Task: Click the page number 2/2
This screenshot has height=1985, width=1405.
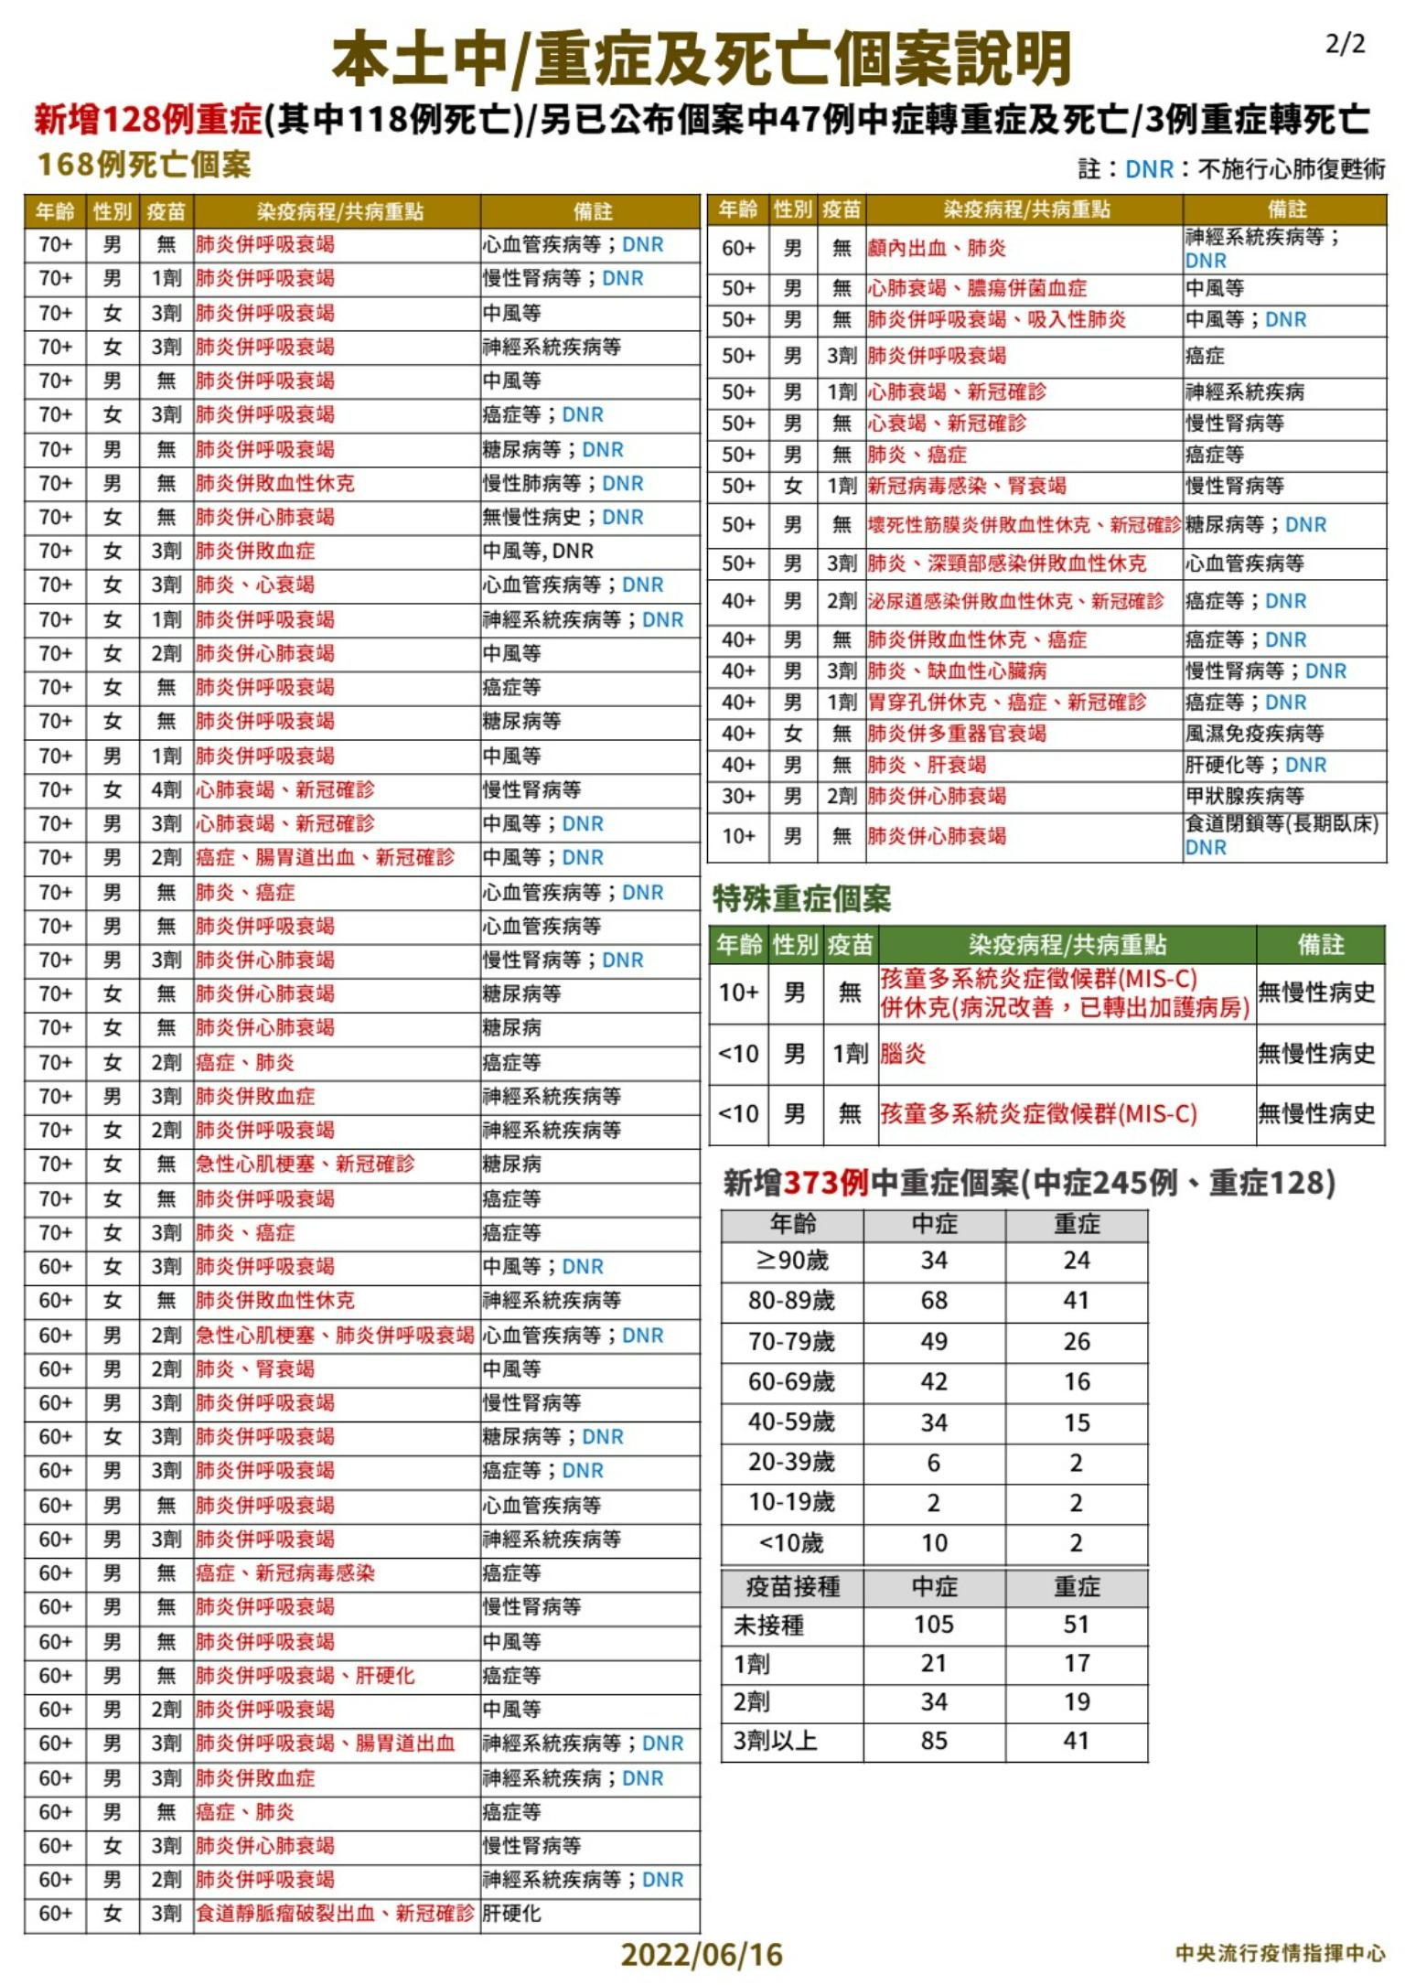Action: tap(1345, 45)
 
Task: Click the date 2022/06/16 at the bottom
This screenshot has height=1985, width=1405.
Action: tap(702, 1955)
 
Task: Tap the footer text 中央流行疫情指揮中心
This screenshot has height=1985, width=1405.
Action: tap(1280, 1953)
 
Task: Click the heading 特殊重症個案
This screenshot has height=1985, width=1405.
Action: tap(801, 899)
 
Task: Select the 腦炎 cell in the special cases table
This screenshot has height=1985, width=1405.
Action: tap(903, 1054)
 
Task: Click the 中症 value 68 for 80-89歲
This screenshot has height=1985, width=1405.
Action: tap(933, 1300)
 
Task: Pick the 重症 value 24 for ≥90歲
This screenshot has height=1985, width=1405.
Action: tap(1076, 1261)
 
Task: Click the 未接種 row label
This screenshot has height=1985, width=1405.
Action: tap(768, 1626)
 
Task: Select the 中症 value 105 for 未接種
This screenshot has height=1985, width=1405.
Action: tap(933, 1625)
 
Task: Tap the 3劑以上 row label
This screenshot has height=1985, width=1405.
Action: tap(775, 1741)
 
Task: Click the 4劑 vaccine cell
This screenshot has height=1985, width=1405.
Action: tap(166, 789)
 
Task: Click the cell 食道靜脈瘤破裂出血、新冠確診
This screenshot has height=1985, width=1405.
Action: tap(335, 1913)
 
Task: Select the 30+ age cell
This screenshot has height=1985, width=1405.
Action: tap(738, 796)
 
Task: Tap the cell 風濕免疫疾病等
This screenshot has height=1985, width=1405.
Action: tap(1254, 734)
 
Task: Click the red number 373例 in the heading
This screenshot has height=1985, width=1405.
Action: tap(826, 1183)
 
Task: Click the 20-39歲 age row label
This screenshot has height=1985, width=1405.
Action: tap(791, 1462)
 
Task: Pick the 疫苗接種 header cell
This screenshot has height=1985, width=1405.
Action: tap(792, 1586)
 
